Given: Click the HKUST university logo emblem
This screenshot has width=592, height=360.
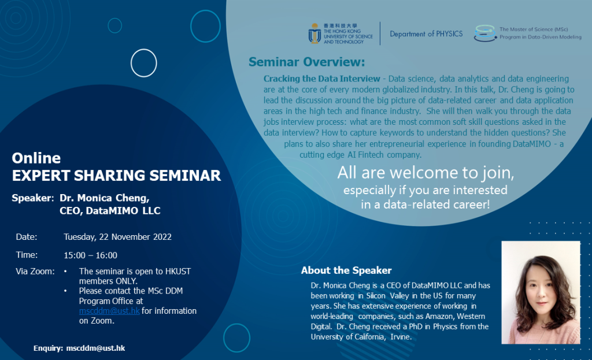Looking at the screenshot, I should [314, 34].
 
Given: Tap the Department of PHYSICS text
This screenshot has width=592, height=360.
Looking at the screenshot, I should [426, 34].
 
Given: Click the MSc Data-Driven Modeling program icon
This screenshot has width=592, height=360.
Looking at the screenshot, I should [484, 34].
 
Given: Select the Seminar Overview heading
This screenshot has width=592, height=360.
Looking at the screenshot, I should [306, 62].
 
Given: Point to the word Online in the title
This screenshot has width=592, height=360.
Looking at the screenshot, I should [36, 158].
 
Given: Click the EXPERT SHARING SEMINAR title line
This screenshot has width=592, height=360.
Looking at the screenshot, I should [116, 176].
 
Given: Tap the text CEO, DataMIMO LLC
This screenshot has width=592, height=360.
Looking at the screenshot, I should [110, 211].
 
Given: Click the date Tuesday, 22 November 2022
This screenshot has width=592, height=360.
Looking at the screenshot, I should [117, 236].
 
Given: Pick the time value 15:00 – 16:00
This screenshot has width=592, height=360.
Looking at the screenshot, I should [90, 255].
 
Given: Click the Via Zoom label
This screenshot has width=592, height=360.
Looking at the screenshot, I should [35, 271].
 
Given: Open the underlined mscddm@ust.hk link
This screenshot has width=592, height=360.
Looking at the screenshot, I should [109, 311].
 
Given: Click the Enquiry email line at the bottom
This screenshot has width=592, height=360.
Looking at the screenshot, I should [79, 348].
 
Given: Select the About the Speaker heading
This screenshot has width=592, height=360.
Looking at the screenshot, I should [346, 270].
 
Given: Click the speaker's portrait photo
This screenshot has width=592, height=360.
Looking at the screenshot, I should [540, 292].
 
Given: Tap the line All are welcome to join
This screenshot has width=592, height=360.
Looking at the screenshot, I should [425, 173].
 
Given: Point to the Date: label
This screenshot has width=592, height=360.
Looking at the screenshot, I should [27, 236].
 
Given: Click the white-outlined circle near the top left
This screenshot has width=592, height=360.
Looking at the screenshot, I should [143, 63].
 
